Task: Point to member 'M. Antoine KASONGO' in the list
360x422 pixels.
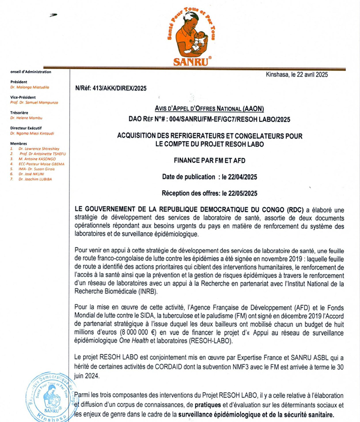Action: click(36, 159)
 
